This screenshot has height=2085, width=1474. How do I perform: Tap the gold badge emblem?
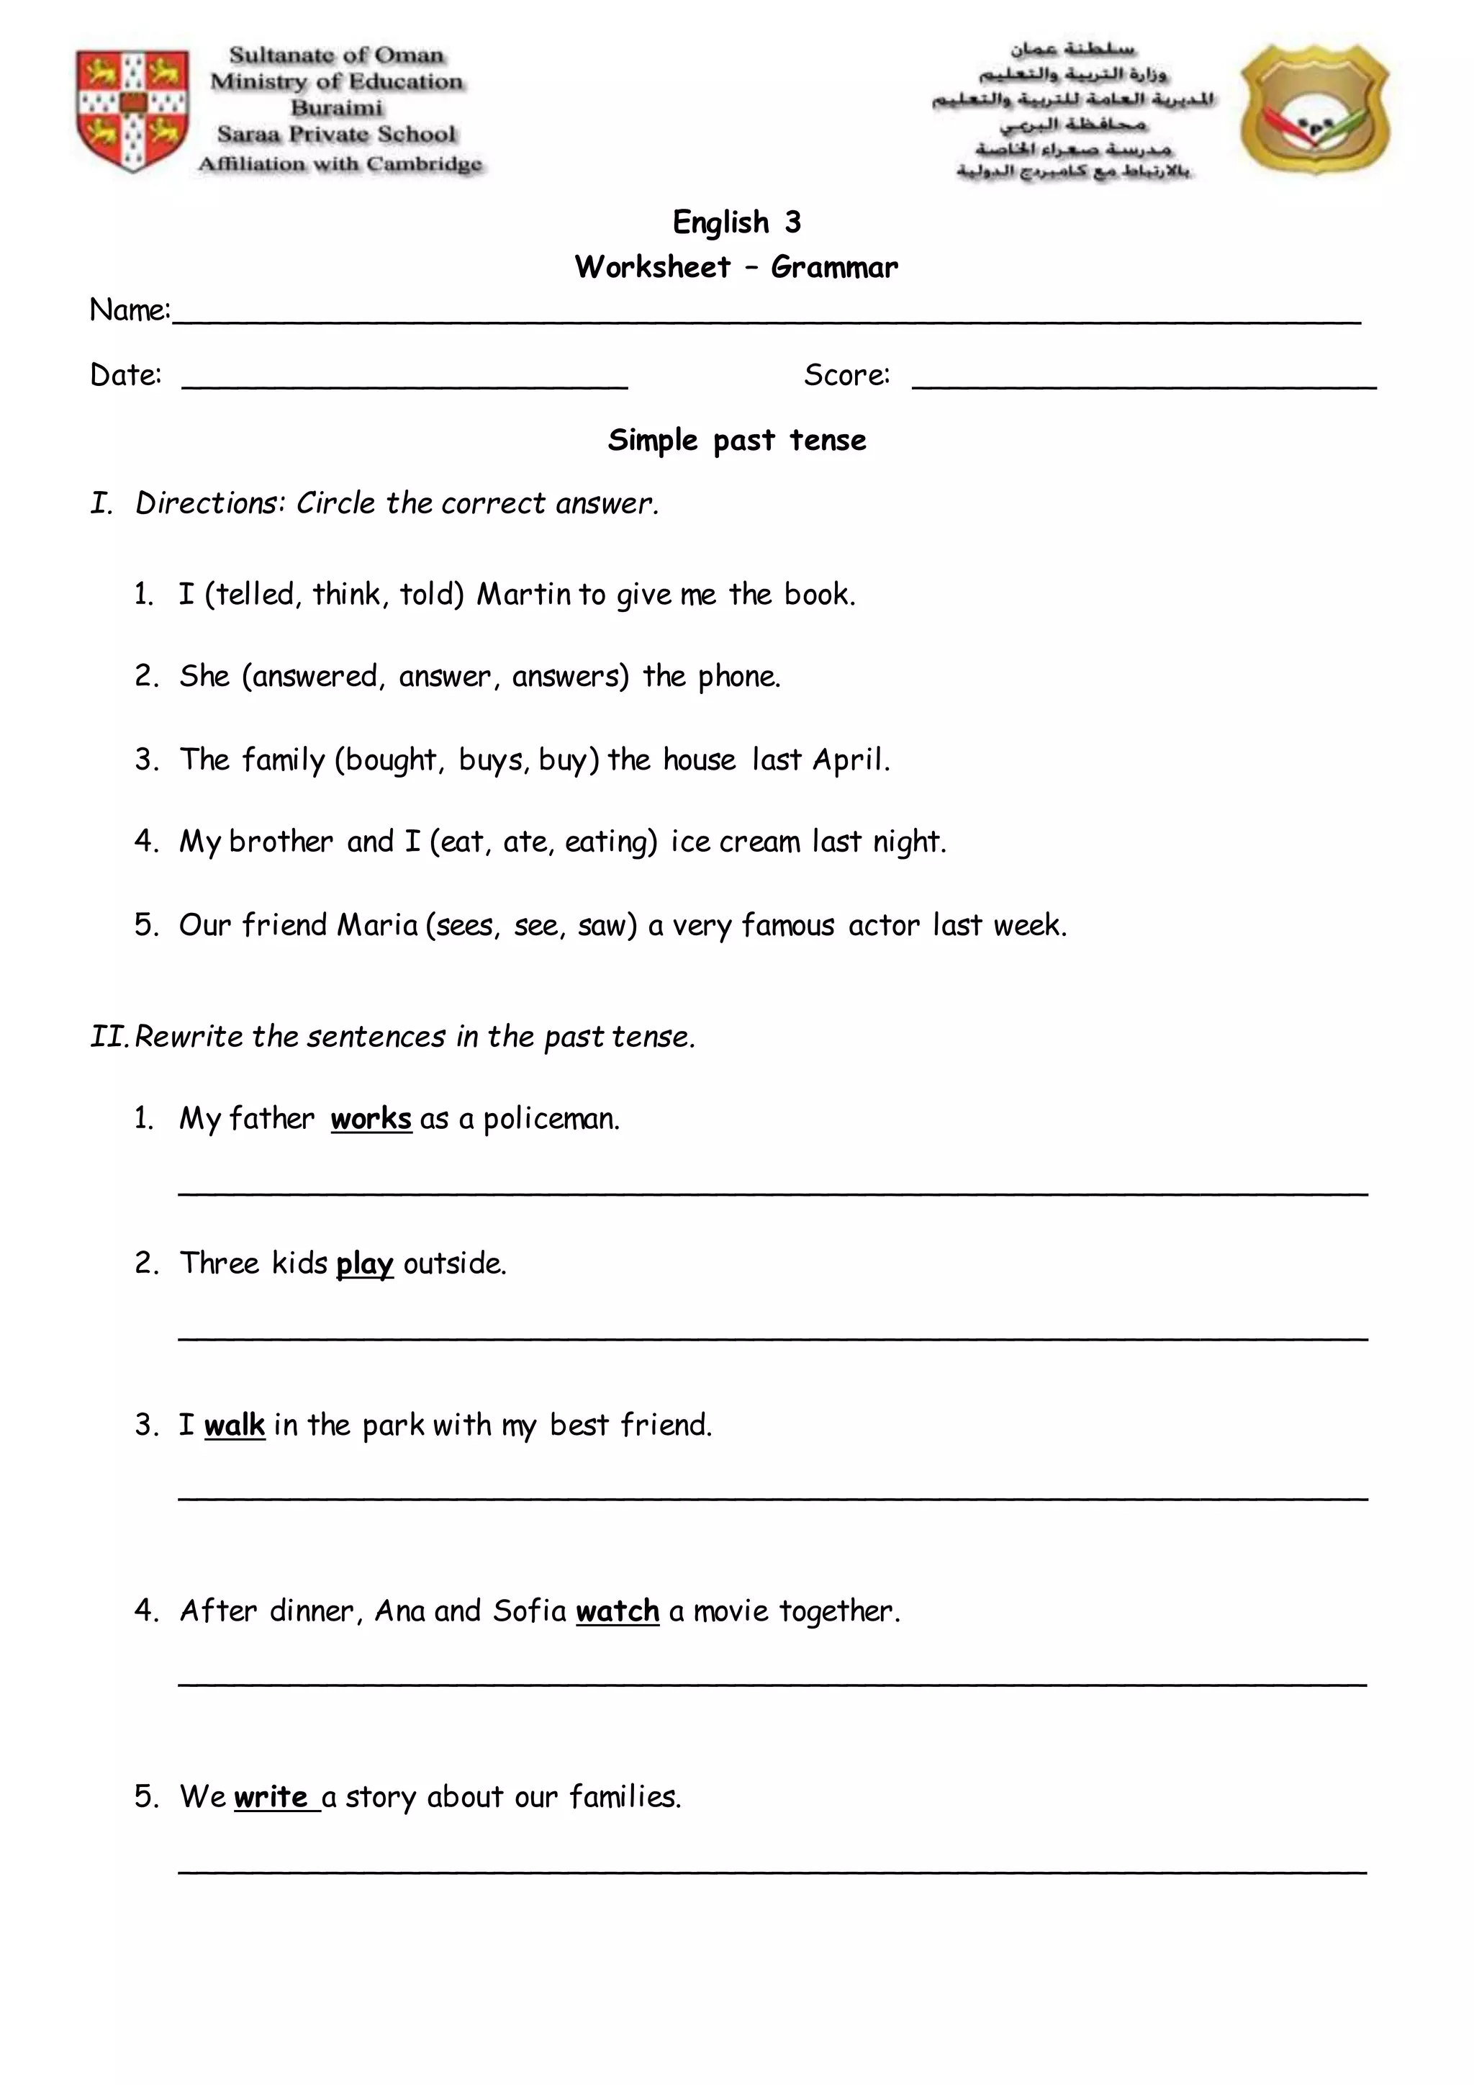pyautogui.click(x=1315, y=112)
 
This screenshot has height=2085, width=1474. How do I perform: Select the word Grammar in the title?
pyautogui.click(x=834, y=267)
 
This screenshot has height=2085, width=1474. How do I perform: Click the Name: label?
pyautogui.click(x=130, y=310)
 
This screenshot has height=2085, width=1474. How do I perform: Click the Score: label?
pyautogui.click(x=846, y=375)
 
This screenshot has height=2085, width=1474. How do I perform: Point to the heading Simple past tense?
pyautogui.click(x=737, y=441)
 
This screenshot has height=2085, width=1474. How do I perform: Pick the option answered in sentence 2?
pyautogui.click(x=315, y=677)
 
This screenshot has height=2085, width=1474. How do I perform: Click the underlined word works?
pyautogui.click(x=371, y=1119)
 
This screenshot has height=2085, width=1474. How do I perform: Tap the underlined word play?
pyautogui.click(x=364, y=1264)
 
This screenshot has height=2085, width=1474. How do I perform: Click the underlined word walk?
pyautogui.click(x=234, y=1425)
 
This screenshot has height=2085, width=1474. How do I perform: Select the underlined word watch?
pyautogui.click(x=618, y=1611)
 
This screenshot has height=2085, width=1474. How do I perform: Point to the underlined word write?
pyautogui.click(x=271, y=1797)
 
